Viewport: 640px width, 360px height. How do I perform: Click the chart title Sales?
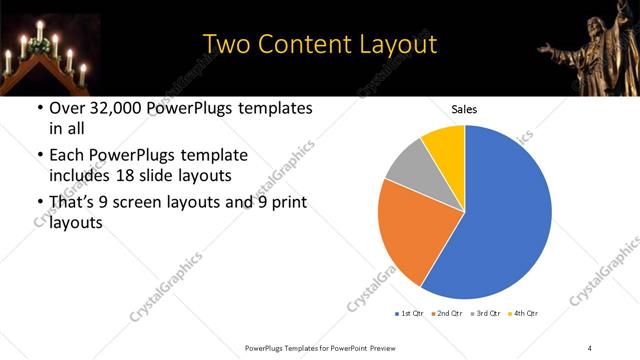[x=465, y=108]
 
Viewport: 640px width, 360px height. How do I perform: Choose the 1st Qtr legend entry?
[x=409, y=314]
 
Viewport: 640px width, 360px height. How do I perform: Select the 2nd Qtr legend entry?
[x=446, y=314]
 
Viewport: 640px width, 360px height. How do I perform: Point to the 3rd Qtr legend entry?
[x=484, y=314]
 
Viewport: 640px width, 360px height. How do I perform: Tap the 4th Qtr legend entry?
[x=522, y=314]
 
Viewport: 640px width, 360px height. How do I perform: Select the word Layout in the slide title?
[x=396, y=44]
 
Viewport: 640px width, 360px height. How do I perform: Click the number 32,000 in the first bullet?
[x=111, y=108]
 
